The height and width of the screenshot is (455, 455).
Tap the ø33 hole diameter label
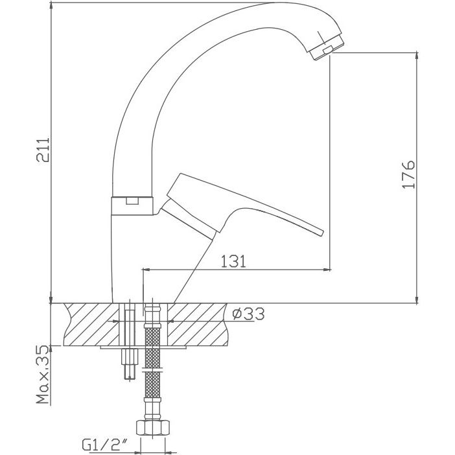click(248, 314)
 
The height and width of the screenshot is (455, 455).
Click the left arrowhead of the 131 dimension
click(146, 268)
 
